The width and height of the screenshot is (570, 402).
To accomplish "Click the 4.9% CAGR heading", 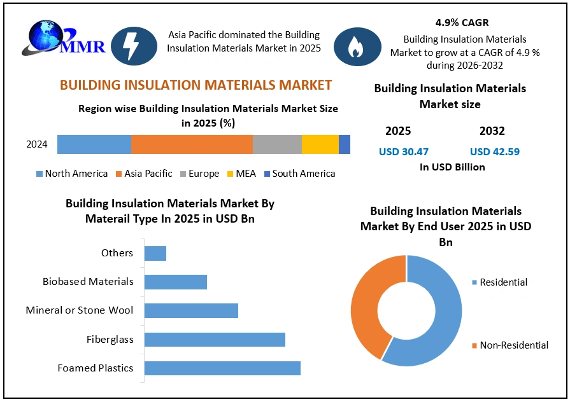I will (462, 23).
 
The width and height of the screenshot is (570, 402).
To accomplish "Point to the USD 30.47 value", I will (404, 151).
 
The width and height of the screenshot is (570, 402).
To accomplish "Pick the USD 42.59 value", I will (494, 151).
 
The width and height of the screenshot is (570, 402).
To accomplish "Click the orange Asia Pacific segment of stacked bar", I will (192, 144).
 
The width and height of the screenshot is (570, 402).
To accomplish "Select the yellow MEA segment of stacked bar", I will (320, 144).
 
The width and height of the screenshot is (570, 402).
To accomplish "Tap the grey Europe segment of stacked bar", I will (277, 144).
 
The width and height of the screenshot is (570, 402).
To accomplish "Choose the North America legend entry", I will (71, 174).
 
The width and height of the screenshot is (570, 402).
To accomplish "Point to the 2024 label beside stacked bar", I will (37, 144).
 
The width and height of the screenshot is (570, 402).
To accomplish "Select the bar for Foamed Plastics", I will (222, 368).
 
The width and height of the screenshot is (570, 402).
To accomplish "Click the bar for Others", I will (155, 253).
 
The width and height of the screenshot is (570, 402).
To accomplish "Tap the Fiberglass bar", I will (215, 340).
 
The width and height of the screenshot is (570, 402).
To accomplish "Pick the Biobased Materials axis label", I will (88, 282).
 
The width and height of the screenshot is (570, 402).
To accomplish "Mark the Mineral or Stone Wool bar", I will (191, 310).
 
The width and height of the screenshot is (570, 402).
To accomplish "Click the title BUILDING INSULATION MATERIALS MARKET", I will (196, 85).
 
